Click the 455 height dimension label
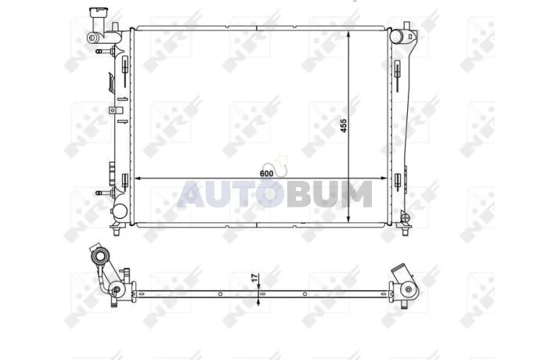coord(344,125)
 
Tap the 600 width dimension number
coord(267,174)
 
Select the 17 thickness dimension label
coord(255,278)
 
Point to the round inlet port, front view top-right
coord(396,36)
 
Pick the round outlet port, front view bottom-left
coord(120,211)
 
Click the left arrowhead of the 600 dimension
coord(138,178)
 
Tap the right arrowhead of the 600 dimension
coord(384,178)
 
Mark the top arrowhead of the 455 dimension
coord(348,34)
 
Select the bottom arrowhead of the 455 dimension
coord(348,218)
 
